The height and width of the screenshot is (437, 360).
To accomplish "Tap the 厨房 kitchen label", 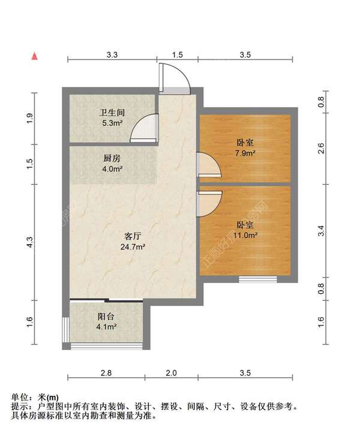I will pos(112,159).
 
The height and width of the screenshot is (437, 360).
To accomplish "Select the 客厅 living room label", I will pos(133,235).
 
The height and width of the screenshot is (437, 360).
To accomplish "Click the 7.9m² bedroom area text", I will pos(245,153).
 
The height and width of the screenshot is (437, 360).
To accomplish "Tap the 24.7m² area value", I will pos(133,246).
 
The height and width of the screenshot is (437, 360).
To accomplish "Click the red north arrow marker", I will pos(35,57).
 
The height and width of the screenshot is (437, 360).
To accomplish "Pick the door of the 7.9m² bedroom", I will pos(206,165).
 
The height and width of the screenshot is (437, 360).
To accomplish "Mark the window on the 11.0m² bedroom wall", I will pos(257,278).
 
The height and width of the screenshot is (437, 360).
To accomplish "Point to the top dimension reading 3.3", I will pos(112,55).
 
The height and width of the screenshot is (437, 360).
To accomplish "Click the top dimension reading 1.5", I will pos(177,55).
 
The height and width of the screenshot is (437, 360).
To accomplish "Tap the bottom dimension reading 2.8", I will pos(106,373).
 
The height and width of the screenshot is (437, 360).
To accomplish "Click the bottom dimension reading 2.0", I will pos(171,373).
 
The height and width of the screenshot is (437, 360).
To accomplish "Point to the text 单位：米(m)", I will pos(36,397).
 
